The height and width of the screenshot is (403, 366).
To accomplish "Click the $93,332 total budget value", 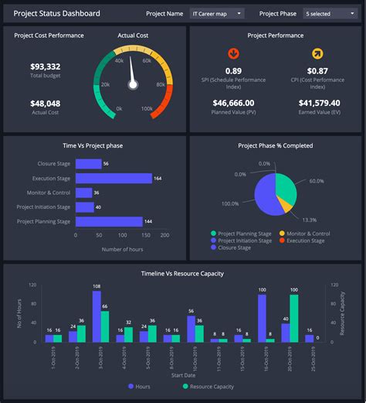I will tap(46, 67).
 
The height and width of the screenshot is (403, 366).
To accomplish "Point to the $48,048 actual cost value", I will tap(46, 103).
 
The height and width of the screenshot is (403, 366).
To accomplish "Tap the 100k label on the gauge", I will tap(147, 109).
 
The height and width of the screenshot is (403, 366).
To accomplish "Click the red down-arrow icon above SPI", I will tap(232, 53).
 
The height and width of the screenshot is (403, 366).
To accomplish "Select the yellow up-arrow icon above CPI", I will tap(317, 53).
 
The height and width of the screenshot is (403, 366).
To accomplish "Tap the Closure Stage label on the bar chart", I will tap(55, 164).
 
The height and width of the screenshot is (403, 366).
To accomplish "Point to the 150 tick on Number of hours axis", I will tap(143, 236).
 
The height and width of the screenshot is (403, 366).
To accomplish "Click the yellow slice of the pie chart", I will tap(285, 204).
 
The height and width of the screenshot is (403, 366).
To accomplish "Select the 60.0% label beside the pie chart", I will tap(317, 180).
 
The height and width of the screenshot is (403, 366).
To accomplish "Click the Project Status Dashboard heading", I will tap(56, 13).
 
